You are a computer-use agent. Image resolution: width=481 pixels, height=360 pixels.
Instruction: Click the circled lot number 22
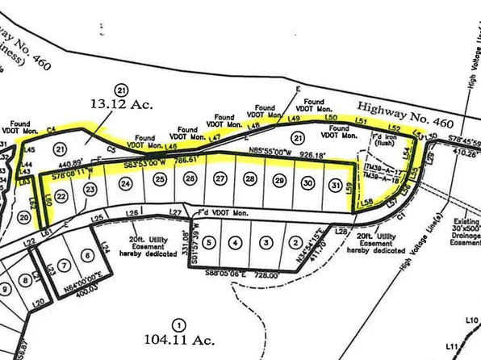[x=61, y=195]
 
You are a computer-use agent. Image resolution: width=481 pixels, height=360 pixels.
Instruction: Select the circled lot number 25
[x=161, y=180]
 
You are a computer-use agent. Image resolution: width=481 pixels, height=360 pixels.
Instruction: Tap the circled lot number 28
[x=250, y=179]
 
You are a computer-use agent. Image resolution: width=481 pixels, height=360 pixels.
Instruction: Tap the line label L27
[x=173, y=212]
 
